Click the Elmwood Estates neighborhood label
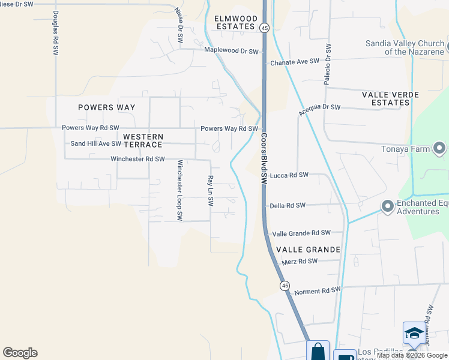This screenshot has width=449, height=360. [235, 22]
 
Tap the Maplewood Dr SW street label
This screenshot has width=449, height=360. [231, 51]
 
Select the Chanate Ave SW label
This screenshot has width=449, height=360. [294, 62]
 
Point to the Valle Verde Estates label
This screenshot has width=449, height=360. [386, 98]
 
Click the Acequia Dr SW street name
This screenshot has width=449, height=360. [319, 110]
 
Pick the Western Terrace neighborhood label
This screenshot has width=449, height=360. [143, 141]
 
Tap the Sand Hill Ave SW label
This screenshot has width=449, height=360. [96, 143]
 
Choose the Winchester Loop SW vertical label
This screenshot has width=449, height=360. [179, 191]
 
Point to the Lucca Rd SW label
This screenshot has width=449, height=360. [289, 175]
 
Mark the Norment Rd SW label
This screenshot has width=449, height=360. [317, 290]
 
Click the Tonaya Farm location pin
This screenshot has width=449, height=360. [440, 148]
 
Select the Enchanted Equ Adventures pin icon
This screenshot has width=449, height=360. [388, 207]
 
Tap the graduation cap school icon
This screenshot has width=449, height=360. [414, 333]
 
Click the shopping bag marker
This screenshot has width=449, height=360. [318, 350]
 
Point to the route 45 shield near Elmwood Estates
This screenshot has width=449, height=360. [264, 28]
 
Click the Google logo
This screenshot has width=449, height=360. [20, 353]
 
